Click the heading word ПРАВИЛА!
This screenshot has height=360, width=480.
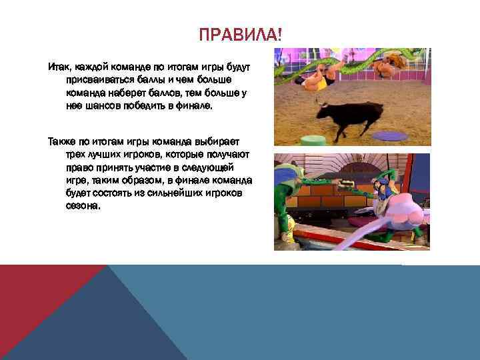pos(240,34)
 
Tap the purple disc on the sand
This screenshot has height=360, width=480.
pos(390,135)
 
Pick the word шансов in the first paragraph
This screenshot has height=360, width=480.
pos(103,105)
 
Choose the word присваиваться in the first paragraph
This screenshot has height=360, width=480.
pos(102,80)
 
